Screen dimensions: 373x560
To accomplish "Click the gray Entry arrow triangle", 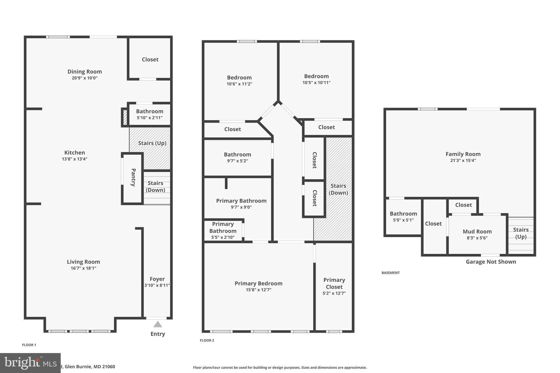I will tap(157, 324).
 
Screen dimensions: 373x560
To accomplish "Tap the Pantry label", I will tap(133, 177).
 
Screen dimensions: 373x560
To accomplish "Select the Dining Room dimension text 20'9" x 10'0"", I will tap(84, 78).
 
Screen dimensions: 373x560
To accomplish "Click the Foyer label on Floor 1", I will tap(157, 279).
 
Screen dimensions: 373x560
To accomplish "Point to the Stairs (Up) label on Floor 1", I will tap(152, 143).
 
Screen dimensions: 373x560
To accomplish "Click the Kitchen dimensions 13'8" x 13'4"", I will tap(74, 159).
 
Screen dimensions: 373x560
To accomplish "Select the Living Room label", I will tap(83, 262).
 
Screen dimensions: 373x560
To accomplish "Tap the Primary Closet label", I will tap(334, 283).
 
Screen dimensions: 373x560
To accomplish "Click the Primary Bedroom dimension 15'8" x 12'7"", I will tap(258, 290).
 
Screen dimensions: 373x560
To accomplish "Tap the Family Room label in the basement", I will tap(463, 154).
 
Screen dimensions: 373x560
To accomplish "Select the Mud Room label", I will tap(477, 231).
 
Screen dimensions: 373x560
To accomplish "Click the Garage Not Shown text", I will tap(491, 262).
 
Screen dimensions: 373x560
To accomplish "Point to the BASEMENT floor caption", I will tap(390, 273).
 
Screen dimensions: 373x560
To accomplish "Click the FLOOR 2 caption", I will tap(207, 340).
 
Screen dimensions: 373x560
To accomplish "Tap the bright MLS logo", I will tap(30, 363).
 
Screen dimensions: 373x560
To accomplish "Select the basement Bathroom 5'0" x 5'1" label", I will tap(403, 214).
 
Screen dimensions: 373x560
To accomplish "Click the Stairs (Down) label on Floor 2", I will tap(338, 189).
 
